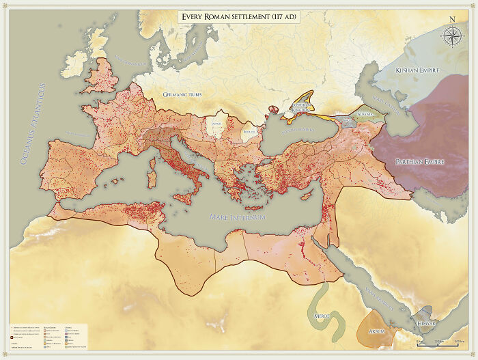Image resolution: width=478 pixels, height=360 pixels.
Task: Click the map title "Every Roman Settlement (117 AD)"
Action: click(239, 16)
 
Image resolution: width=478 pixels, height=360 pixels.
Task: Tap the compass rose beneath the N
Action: click(451, 36)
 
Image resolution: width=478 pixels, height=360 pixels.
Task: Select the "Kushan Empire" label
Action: click(418, 70)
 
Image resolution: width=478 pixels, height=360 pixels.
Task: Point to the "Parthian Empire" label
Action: click(419, 162)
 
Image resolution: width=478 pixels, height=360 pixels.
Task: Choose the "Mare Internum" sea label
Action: click(237, 217)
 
